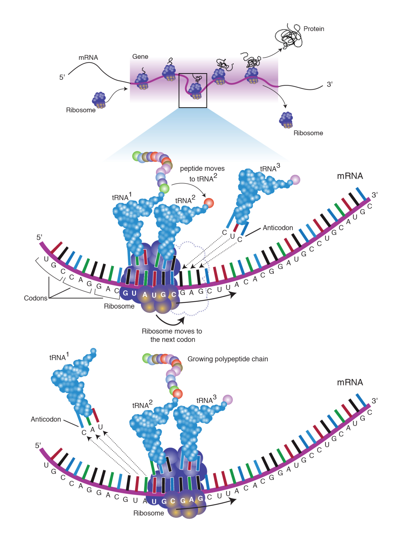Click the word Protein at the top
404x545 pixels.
313,29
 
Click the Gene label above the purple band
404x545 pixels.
140,57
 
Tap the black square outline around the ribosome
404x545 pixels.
179,90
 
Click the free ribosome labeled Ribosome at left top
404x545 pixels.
99,100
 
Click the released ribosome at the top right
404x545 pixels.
286,120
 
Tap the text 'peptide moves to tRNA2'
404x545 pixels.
202,174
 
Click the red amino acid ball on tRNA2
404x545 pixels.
209,203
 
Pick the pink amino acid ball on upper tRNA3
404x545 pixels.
295,180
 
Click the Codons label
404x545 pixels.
35,298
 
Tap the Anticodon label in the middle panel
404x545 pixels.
278,228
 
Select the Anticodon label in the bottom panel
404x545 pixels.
46,419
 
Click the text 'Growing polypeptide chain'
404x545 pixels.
227,359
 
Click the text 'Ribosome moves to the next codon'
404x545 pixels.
172,335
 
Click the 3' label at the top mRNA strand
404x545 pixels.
329,84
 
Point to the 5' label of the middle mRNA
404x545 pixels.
39,237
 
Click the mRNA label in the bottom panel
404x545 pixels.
350,382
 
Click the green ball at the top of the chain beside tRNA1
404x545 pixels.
164,188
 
